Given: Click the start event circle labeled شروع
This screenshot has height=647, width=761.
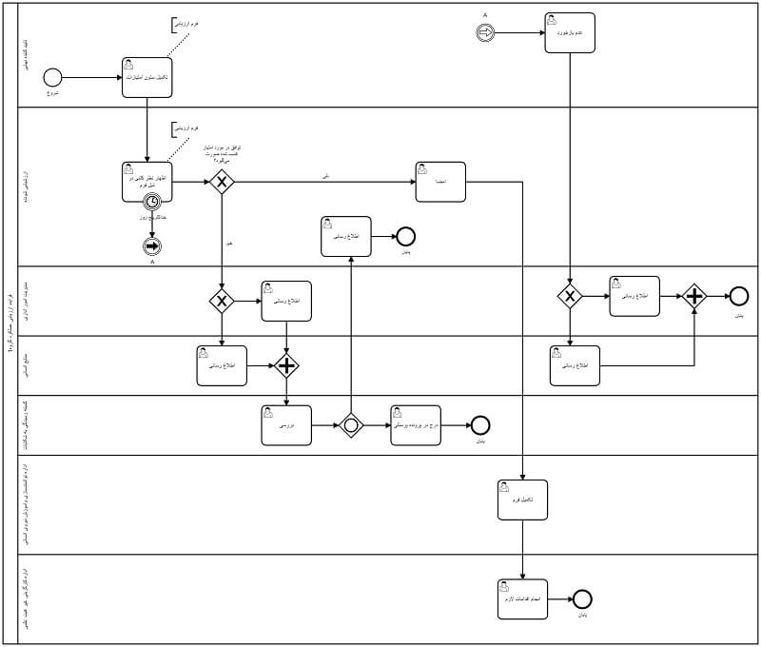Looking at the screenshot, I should (x=52, y=78).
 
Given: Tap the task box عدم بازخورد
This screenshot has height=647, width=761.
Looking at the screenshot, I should (x=570, y=31).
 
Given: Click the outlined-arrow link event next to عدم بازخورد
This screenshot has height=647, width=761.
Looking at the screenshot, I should (x=485, y=31).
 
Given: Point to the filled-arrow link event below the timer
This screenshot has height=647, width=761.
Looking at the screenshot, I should (x=151, y=246).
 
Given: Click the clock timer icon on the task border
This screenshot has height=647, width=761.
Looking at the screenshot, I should (x=151, y=202).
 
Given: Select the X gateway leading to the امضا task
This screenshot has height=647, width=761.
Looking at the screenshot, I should (x=222, y=181).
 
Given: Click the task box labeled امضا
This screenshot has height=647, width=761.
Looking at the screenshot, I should (x=440, y=181).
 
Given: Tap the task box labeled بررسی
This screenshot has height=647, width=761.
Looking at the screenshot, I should (x=285, y=425).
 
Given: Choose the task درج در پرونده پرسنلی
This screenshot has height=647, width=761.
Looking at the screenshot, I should (x=415, y=425).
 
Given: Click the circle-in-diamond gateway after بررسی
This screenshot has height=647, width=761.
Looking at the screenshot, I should (x=351, y=425).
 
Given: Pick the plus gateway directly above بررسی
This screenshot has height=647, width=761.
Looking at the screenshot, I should (x=286, y=364).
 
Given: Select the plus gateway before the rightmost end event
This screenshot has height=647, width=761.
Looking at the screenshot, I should (x=694, y=297).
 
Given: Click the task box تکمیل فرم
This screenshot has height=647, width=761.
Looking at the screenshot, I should (x=522, y=500).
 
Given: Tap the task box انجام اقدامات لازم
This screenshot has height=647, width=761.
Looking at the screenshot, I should (x=522, y=599).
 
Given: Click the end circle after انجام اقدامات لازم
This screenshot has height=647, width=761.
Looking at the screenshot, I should (x=582, y=599).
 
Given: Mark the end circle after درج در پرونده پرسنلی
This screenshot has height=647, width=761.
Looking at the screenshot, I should (x=480, y=425).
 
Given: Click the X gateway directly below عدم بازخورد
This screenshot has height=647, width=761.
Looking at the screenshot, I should (x=569, y=297).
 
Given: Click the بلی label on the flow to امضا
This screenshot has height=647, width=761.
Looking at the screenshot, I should (x=326, y=175).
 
